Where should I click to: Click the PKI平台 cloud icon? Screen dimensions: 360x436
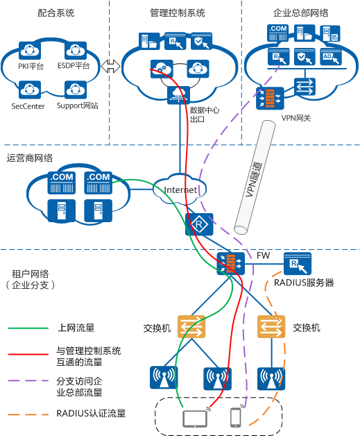30,51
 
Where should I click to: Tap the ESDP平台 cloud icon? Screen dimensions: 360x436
76,51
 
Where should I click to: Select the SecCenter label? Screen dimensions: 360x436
28,106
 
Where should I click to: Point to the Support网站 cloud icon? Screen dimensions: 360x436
76,90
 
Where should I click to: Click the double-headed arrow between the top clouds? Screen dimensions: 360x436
110,67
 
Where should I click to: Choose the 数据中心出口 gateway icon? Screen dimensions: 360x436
178,95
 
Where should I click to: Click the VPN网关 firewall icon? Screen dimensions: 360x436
270,98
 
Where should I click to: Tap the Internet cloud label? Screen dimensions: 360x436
180,190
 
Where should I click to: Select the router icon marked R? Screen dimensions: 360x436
199,224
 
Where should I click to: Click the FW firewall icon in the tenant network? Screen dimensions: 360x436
231,264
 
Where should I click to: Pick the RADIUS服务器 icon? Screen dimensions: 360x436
298,264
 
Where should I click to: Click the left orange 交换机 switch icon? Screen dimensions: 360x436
191,326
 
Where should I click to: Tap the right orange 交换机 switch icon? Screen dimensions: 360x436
271,326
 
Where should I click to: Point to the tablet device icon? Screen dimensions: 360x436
195,419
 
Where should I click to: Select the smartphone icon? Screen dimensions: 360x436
236,417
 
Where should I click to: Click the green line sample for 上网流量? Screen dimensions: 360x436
28,328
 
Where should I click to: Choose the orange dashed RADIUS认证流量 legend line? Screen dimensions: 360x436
28,414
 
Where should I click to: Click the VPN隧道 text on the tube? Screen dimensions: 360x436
254,180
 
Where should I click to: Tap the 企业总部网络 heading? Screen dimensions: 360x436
300,12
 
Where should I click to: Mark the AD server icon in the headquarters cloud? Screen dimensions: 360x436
331,57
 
